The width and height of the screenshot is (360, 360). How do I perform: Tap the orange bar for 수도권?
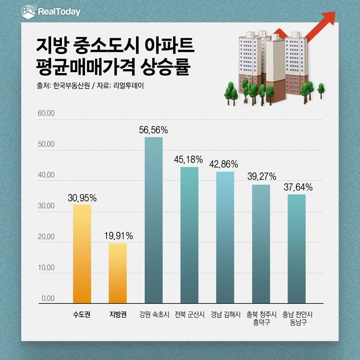(82, 254)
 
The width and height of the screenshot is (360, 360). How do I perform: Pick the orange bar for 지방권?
(118, 274)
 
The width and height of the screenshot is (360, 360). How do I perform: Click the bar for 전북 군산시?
(189, 235)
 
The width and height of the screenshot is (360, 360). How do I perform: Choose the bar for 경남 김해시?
(225, 238)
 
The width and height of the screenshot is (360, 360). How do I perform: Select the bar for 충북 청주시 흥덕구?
(261, 244)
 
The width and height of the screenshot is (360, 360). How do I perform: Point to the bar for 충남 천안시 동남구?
(297, 249)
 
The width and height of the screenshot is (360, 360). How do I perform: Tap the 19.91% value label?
(118, 236)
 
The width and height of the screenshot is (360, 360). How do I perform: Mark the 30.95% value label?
(82, 198)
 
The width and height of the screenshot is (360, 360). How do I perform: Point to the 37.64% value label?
(297, 187)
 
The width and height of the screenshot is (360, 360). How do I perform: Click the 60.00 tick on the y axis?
(46, 113)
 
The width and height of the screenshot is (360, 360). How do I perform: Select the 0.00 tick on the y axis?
(48, 298)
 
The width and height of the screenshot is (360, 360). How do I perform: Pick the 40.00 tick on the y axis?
(46, 175)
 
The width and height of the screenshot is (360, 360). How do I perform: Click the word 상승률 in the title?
(167, 67)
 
